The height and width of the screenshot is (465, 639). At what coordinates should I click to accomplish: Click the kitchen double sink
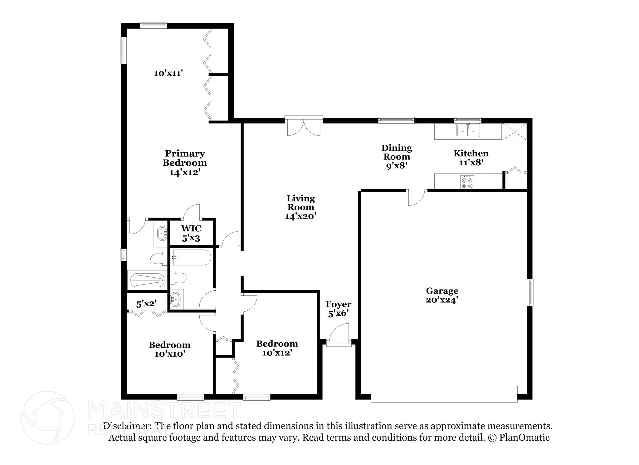tap(468, 131)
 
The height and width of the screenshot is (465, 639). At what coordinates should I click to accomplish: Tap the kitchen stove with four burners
tap(467, 182)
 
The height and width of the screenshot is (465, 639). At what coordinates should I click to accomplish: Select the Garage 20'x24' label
tap(442, 295)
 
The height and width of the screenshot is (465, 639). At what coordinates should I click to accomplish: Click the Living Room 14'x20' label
tap(301, 207)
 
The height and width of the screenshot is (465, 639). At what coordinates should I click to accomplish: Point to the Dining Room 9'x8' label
tap(397, 156)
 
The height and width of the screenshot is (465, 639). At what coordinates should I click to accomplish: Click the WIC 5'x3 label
tap(191, 233)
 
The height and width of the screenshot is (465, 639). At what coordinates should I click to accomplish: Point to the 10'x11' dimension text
tap(168, 73)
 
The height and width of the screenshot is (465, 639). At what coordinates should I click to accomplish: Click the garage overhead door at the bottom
tap(444, 394)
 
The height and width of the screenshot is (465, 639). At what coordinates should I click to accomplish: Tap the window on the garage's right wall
tap(530, 292)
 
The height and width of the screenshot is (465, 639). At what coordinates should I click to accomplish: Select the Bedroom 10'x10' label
tap(170, 349)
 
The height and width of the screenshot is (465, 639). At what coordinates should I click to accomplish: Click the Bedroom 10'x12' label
tap(277, 348)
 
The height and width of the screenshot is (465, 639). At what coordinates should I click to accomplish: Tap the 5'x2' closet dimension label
tap(146, 303)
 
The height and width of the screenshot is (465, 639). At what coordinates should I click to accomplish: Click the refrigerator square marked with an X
tap(514, 131)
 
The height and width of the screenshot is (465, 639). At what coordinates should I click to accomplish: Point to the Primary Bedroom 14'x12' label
tap(185, 163)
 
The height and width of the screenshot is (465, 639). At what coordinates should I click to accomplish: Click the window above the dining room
tap(396, 120)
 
